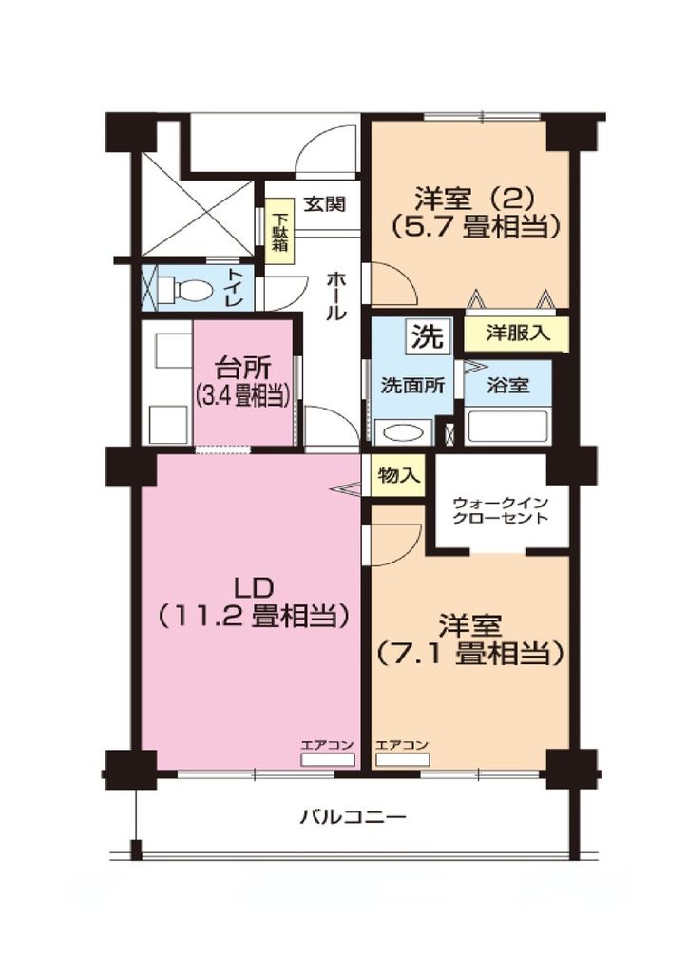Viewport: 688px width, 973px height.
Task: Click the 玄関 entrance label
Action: (325, 203)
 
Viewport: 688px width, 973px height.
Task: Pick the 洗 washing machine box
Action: (427, 335)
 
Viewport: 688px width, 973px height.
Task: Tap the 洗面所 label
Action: (412, 387)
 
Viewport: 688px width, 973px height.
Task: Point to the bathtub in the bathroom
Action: (508, 427)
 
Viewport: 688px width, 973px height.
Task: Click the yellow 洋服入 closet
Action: (515, 334)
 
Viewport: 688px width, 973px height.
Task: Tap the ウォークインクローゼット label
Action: (500, 510)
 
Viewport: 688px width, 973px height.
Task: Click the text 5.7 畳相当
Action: (474, 227)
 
